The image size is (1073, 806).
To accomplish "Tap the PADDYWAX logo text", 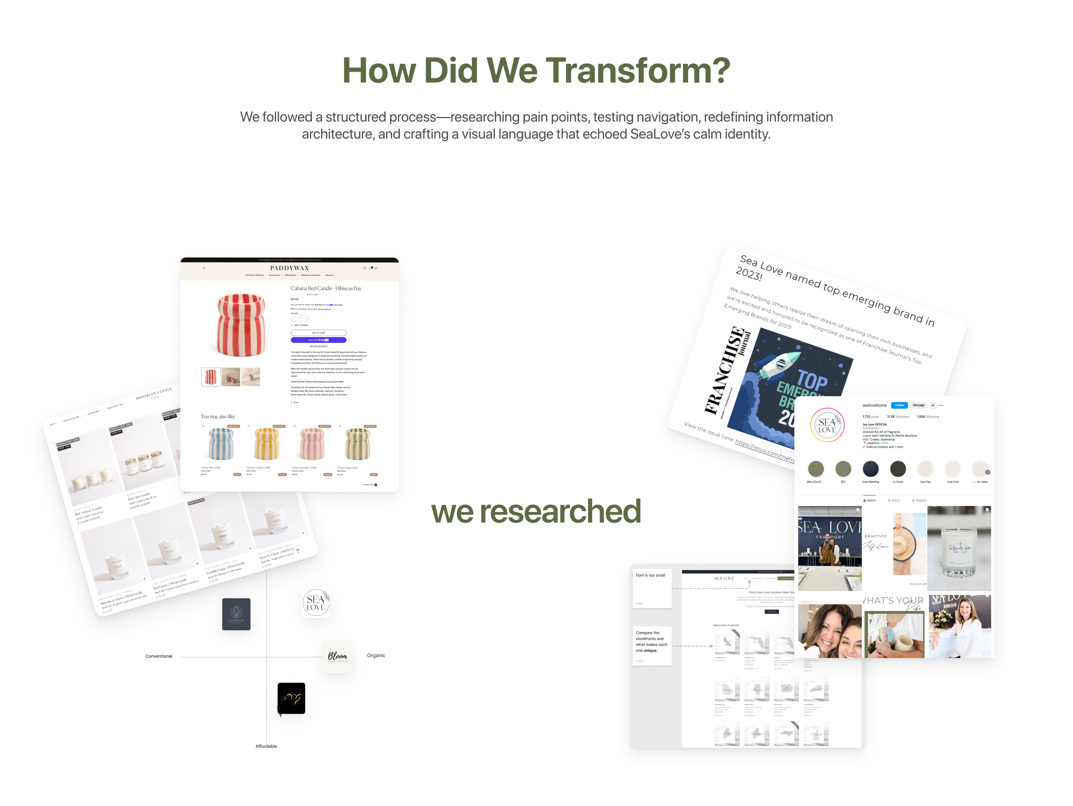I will pos(290,268).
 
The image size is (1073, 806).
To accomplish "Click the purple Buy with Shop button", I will pos(318,340).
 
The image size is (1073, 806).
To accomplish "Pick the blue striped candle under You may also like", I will pos(221,444).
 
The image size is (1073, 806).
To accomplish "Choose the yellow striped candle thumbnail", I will pos(266,444).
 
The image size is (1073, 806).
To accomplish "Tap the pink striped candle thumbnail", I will pos(312,444).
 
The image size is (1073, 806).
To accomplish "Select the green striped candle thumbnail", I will pos(358,444).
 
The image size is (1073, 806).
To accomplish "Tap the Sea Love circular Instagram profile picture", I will pos(827,425).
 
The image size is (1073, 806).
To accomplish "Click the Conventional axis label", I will pos(159,656).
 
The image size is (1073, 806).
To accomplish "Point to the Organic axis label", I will pos(376,656).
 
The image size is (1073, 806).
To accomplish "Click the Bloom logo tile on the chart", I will pos(337,657).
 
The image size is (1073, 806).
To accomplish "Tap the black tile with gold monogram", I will pos(291,699).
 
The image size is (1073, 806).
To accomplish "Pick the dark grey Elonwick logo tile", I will pos(236,614).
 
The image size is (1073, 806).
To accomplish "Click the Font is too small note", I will pos(650,576).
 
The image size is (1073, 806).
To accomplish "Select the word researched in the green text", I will pos(560,511).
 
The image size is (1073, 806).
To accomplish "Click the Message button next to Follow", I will pos(918,405).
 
